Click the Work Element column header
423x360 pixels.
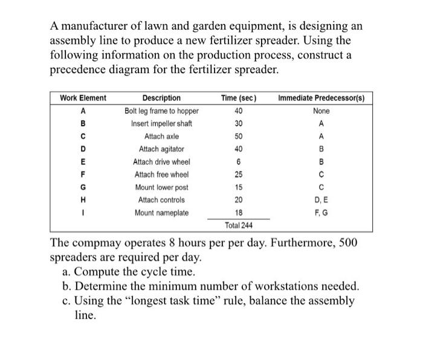click(x=83, y=98)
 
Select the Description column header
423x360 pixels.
click(x=161, y=98)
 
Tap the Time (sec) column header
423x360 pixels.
click(x=239, y=98)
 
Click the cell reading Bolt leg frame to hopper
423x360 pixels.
click(x=161, y=111)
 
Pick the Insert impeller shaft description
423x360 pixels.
click(x=161, y=124)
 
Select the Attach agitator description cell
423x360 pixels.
click(x=161, y=149)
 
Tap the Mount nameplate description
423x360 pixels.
click(x=161, y=213)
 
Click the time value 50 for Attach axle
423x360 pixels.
click(x=239, y=137)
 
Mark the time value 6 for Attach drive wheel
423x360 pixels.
click(x=239, y=162)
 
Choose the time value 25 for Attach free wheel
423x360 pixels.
click(x=239, y=175)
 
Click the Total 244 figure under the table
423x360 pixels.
click(x=239, y=225)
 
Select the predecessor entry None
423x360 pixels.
click(x=321, y=111)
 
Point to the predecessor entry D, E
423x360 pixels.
click(x=321, y=200)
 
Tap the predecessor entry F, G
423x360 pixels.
click(x=321, y=213)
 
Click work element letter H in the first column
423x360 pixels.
click(x=83, y=200)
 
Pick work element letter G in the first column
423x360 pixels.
click(x=83, y=187)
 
